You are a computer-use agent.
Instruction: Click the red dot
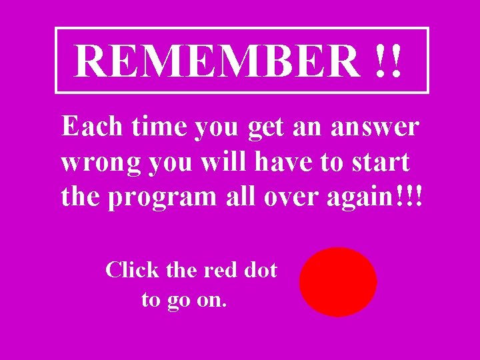(338, 281)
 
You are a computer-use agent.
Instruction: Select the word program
(162, 198)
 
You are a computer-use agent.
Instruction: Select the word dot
(260, 270)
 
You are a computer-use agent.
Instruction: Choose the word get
(265, 127)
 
